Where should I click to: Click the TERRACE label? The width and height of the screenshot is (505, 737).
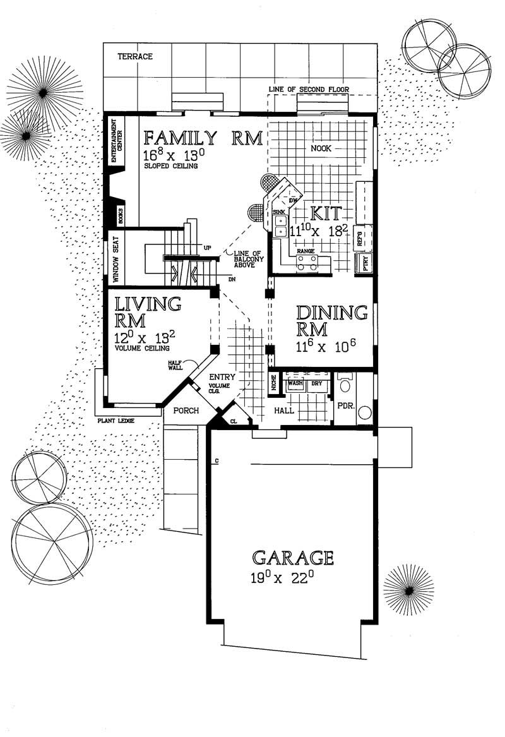pyautogui.click(x=135, y=57)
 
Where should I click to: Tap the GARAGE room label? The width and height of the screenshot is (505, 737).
pyautogui.click(x=293, y=558)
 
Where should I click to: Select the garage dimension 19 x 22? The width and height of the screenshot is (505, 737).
pyautogui.click(x=282, y=577)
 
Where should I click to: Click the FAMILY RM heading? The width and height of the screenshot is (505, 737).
pyautogui.click(x=203, y=138)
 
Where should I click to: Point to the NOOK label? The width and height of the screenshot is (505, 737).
pyautogui.click(x=321, y=149)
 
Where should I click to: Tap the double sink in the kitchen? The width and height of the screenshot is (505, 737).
pyautogui.click(x=280, y=223)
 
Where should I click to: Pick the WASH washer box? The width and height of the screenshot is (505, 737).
pyautogui.click(x=295, y=383)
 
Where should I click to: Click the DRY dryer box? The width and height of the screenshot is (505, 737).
pyautogui.click(x=317, y=383)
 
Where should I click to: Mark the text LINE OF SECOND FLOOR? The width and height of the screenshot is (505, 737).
pyautogui.click(x=309, y=90)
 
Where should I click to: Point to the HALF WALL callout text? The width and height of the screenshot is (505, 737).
pyautogui.click(x=175, y=364)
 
